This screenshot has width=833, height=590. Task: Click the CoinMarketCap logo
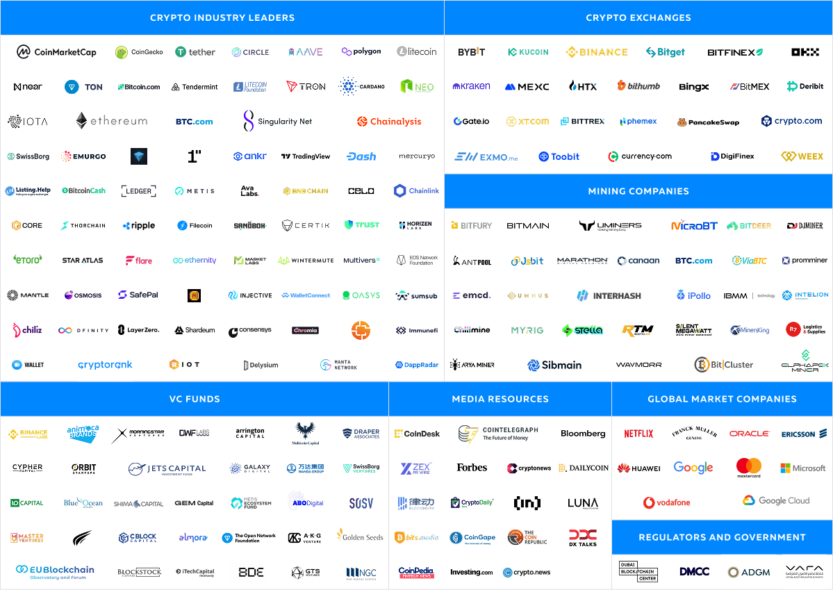pyautogui.click(x=56, y=52)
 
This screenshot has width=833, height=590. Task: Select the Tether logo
pyautogui.click(x=195, y=52)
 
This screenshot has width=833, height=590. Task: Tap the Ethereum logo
pyautogui.click(x=111, y=121)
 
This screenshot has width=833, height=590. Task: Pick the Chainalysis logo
pyautogui.click(x=389, y=122)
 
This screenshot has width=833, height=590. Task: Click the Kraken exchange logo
pyautogui.click(x=472, y=86)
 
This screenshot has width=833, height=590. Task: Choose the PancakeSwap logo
pyautogui.click(x=708, y=122)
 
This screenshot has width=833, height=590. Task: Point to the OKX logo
pyautogui.click(x=805, y=52)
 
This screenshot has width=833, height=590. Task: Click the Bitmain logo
pyautogui.click(x=528, y=226)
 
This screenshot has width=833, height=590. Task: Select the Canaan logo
pyautogui.click(x=638, y=261)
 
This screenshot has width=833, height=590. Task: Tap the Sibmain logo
pyautogui.click(x=554, y=365)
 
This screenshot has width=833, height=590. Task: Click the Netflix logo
pyautogui.click(x=638, y=434)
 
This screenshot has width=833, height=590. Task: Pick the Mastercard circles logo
pyautogui.click(x=749, y=467)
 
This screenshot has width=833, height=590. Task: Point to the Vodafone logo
pyautogui.click(x=667, y=502)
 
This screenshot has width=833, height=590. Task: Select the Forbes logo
pyautogui.click(x=472, y=468)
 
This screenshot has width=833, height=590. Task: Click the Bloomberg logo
pyautogui.click(x=583, y=434)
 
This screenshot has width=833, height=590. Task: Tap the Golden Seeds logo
pyautogui.click(x=360, y=536)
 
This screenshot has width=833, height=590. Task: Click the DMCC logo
pyautogui.click(x=694, y=571)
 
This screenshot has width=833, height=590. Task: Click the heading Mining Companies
pyautogui.click(x=638, y=191)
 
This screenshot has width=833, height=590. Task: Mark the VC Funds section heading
pyautogui.click(x=195, y=399)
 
